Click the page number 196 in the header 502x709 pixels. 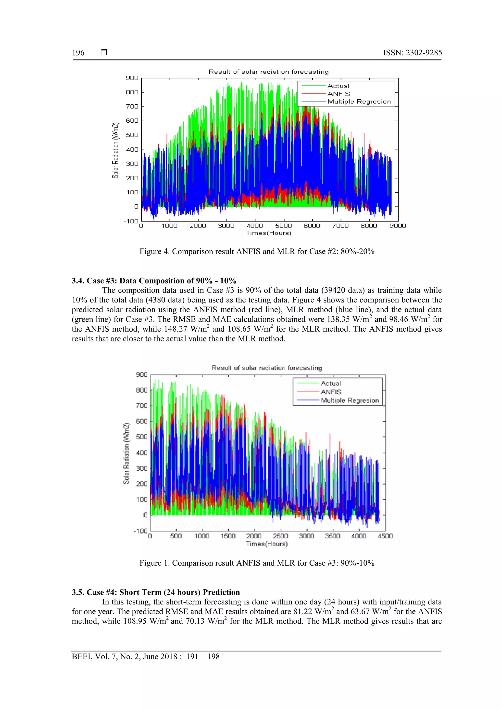[78, 53]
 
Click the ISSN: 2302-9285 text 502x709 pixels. [412, 53]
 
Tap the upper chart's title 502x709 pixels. [268, 72]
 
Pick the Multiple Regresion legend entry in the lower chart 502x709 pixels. [350, 400]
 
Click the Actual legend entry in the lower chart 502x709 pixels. [331, 383]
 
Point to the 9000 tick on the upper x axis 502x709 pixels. [397, 226]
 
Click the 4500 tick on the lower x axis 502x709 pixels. [385, 536]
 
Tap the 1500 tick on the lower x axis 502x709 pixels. [228, 536]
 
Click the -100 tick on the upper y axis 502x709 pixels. [131, 221]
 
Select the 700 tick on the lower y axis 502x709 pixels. [142, 406]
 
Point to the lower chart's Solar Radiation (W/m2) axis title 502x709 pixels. [126, 453]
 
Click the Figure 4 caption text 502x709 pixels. [257, 251]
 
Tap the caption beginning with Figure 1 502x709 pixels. [257, 563]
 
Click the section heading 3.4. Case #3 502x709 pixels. [154, 281]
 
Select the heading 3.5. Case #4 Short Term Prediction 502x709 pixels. [156, 592]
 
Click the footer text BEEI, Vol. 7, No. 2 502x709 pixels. [145, 657]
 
